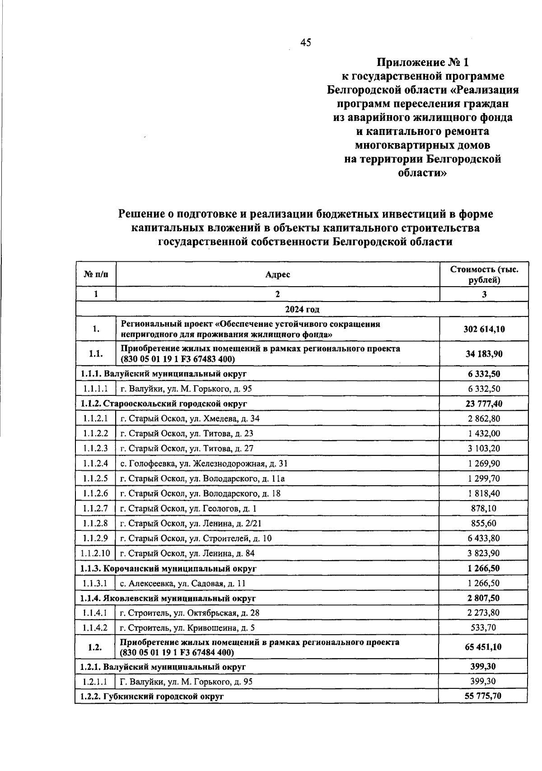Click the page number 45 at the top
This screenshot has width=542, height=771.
(305, 42)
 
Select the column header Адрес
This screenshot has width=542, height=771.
(277, 274)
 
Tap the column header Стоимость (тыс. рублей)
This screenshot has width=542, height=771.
(484, 274)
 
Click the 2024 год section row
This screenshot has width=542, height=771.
(302, 309)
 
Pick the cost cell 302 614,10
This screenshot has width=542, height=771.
(484, 329)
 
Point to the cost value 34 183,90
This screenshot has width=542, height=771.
(484, 354)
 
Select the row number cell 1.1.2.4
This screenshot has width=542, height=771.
(95, 464)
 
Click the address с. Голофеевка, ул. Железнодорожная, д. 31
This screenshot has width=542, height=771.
(204, 464)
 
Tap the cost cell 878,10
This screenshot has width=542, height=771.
(484, 508)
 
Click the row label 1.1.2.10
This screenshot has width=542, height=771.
(95, 553)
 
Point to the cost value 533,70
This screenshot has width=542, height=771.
(484, 628)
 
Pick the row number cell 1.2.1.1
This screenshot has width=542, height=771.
(95, 682)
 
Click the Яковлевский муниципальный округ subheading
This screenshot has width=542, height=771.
(168, 598)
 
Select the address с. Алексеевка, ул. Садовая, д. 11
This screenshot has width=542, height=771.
(182, 583)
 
